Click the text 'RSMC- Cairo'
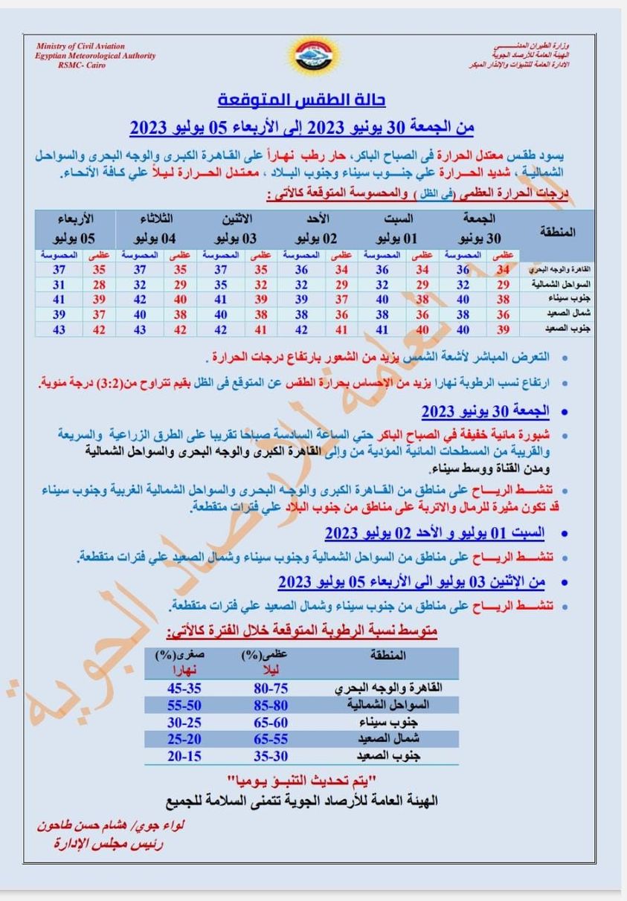click(83, 65)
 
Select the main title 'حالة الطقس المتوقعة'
click(302, 100)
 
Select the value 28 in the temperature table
click(99, 284)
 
